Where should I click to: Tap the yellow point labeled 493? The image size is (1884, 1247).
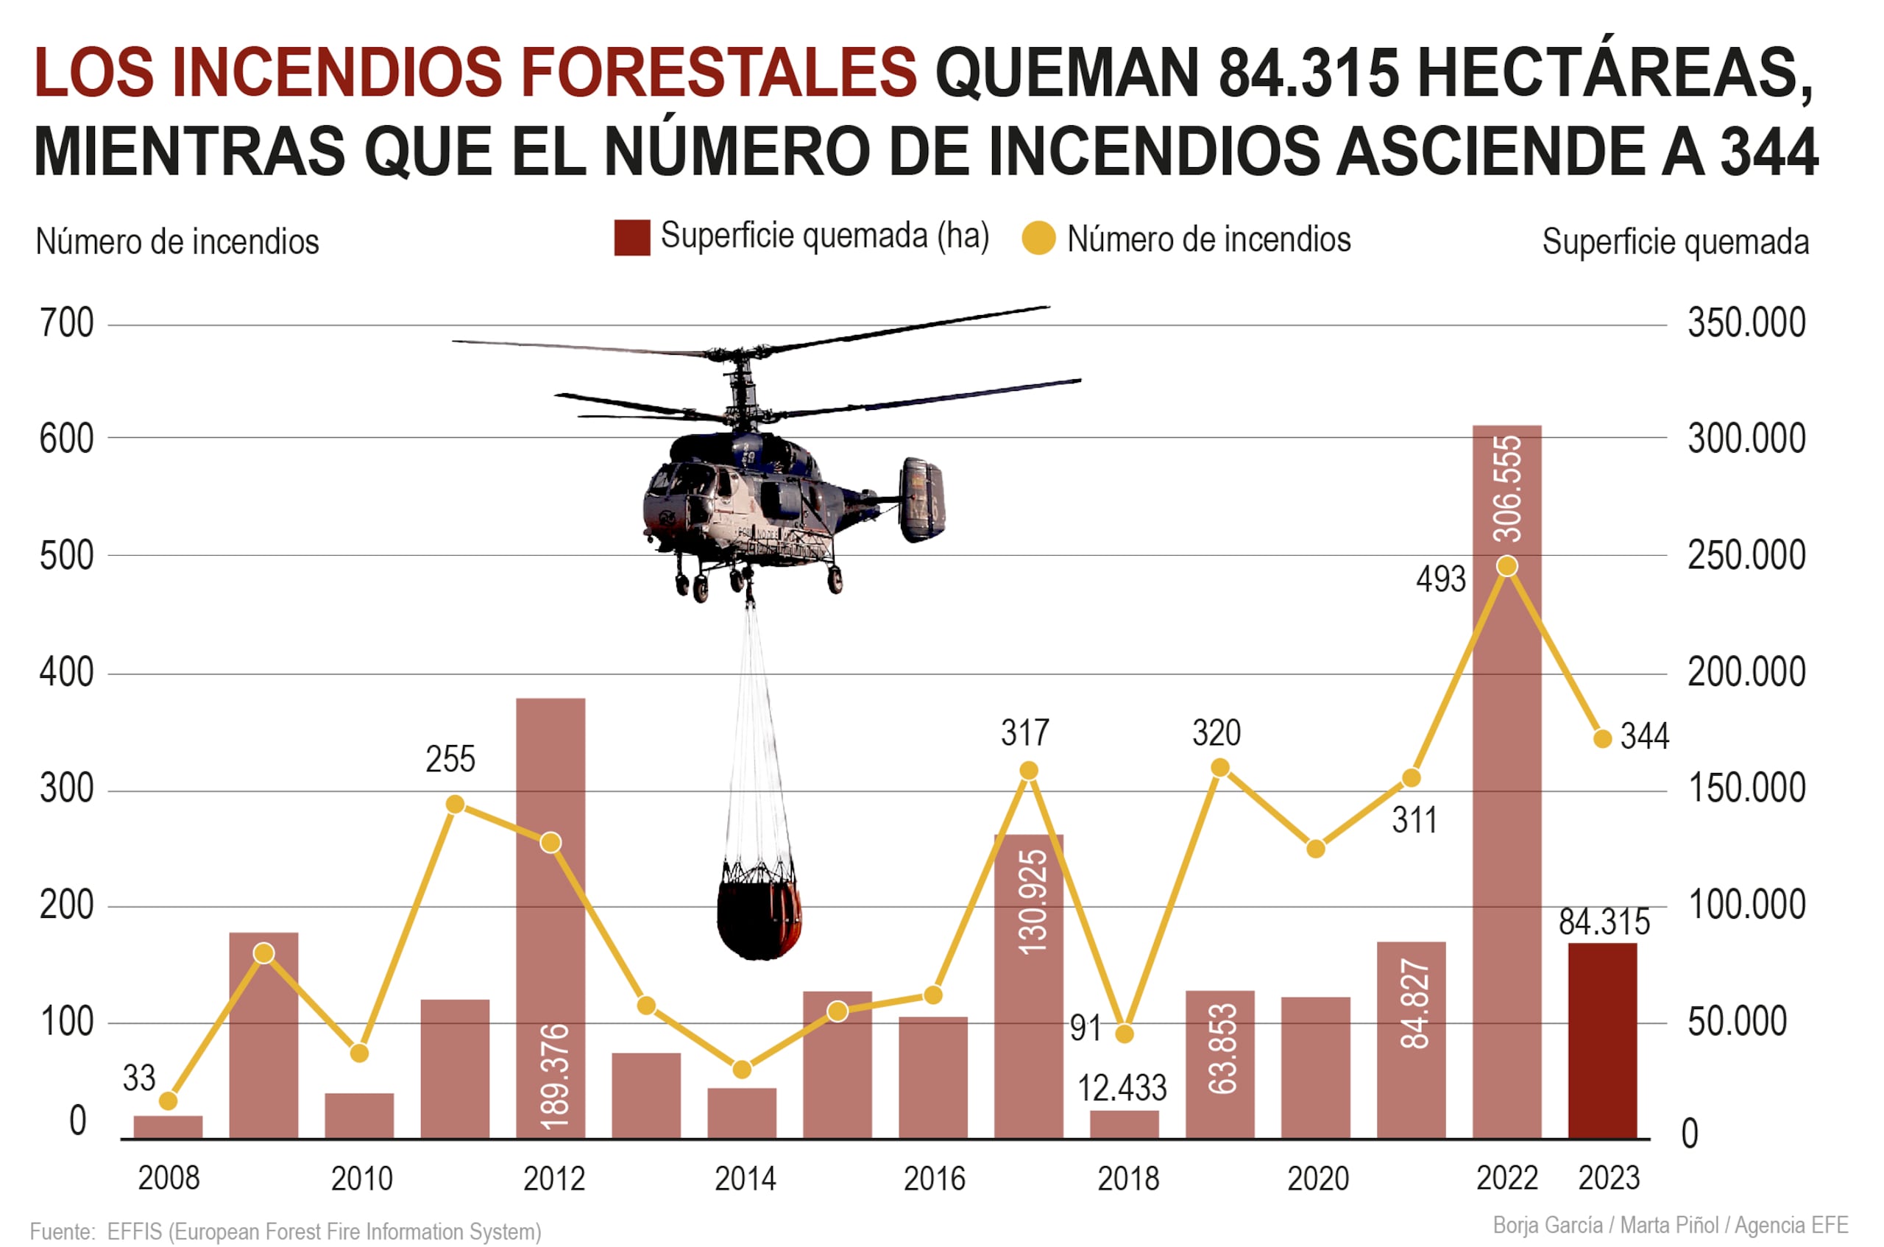tap(1506, 566)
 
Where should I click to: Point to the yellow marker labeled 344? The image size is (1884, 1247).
tap(1603, 739)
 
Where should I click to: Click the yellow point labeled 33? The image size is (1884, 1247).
tap(168, 1101)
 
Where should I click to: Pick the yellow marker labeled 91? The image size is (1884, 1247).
tap(1124, 1034)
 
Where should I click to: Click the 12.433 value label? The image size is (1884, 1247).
tap(1122, 1088)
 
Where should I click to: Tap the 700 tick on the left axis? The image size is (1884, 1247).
tap(67, 324)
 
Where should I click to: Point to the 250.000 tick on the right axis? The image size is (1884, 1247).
tap(1746, 556)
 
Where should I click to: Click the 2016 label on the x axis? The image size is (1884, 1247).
tap(934, 1179)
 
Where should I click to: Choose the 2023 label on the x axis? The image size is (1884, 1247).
tap(1608, 1178)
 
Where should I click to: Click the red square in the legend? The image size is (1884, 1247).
tap(632, 239)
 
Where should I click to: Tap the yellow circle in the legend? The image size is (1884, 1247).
tap(1038, 239)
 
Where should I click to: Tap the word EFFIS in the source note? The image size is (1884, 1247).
tap(135, 1232)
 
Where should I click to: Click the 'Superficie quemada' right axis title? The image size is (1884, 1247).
tap(1675, 241)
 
